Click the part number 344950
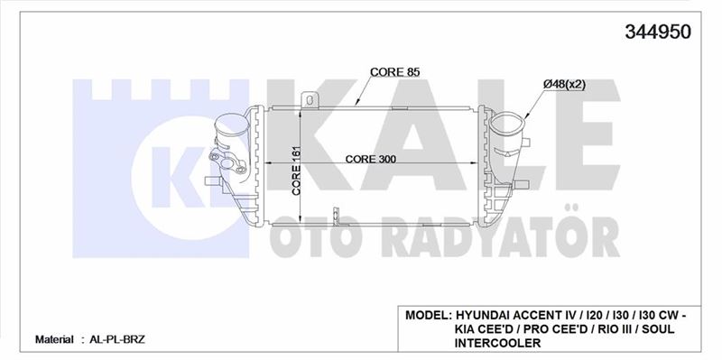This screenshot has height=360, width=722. tap(658, 32)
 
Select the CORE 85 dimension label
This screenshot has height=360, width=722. tap(395, 72)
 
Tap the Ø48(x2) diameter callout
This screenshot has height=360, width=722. tap(564, 85)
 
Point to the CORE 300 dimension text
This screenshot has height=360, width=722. tap(371, 160)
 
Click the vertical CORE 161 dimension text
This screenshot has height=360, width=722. tap(297, 171)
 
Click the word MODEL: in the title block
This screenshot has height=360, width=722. tap(428, 316)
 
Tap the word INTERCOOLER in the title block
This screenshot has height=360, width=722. tap(498, 343)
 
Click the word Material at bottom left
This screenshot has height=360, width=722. tap(54, 340)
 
